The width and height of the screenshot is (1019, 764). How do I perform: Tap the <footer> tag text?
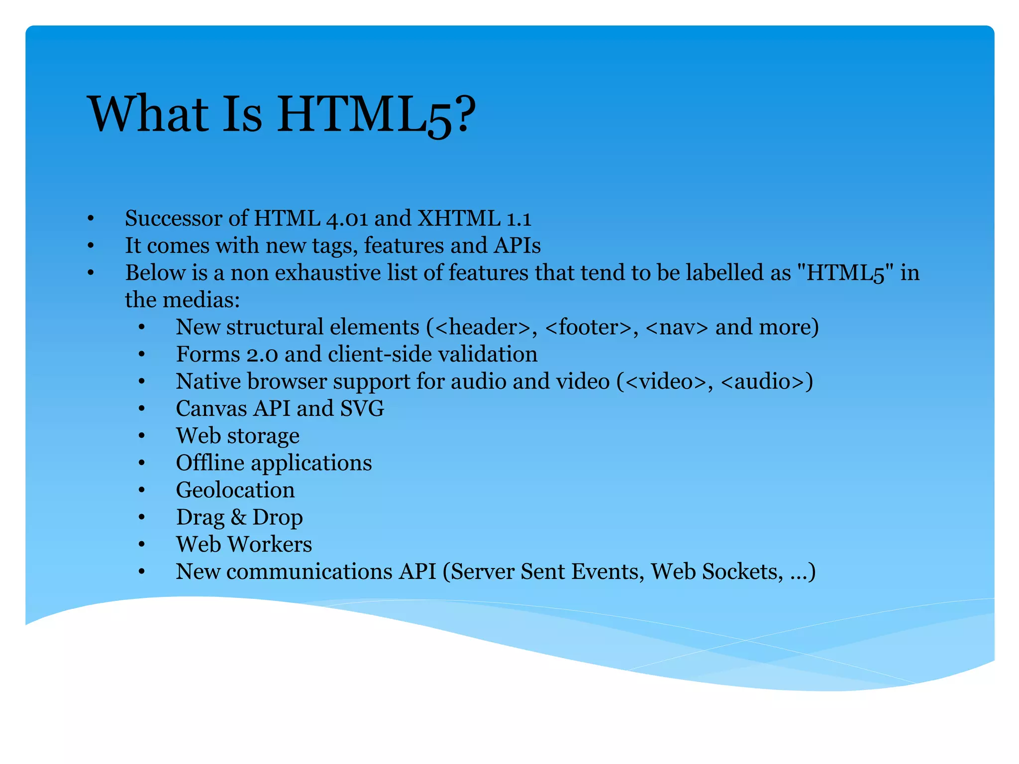click(x=589, y=327)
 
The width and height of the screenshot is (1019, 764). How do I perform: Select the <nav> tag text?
click(x=676, y=327)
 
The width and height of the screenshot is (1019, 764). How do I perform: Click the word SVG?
click(x=362, y=409)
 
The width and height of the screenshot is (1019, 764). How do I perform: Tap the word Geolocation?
click(x=235, y=490)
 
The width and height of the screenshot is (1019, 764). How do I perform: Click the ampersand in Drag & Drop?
click(x=239, y=517)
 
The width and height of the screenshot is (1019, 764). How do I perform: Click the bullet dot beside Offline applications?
click(x=142, y=463)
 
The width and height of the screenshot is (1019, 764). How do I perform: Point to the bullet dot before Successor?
click(x=91, y=219)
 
